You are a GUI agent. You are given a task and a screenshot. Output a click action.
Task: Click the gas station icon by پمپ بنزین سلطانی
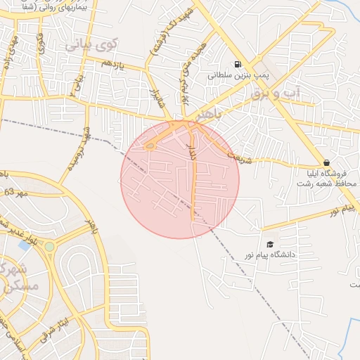236,63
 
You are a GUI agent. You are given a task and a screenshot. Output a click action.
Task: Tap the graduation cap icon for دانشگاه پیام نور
271,243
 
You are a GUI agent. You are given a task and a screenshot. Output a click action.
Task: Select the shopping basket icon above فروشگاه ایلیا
327,162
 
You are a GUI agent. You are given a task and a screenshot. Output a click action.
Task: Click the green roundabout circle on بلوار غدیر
49,247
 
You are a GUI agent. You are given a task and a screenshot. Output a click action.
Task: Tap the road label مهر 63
18,192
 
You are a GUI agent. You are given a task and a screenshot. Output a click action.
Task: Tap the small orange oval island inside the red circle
150,146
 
